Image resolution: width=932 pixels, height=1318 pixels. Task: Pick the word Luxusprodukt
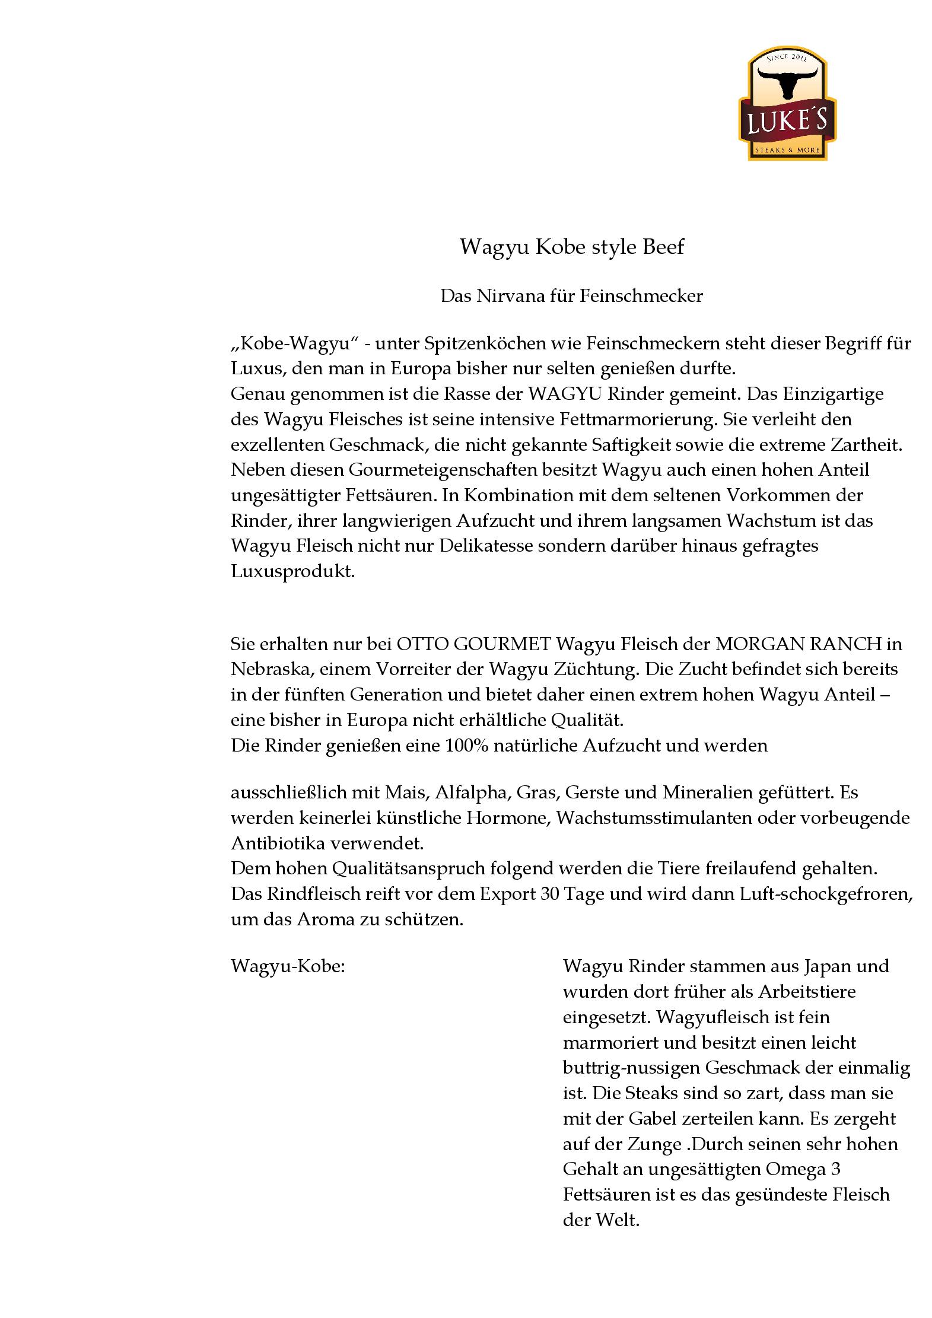(x=292, y=572)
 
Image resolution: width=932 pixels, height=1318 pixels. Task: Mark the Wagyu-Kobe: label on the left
(x=288, y=966)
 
